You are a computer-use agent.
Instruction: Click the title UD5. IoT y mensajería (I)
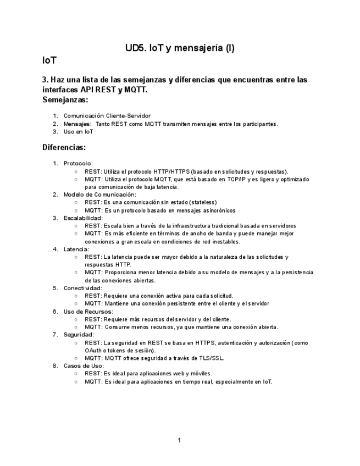pos(180,48)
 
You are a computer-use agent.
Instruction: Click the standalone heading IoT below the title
pos(49,60)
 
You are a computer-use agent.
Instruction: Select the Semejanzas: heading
pos(65,100)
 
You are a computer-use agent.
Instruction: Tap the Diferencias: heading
pos(64,147)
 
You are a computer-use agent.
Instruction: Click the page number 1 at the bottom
pos(180,440)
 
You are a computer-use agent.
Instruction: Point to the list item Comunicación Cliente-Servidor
pos(107,116)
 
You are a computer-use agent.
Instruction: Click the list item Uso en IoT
pos(79,132)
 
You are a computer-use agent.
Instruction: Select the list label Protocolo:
pos(78,163)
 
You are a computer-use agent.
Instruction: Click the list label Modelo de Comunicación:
pos(99,194)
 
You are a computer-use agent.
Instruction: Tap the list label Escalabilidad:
pos(83,218)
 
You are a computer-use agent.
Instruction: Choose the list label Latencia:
pos(76,249)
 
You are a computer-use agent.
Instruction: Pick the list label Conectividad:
pos(82,288)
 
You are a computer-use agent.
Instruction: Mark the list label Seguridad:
pos(79,334)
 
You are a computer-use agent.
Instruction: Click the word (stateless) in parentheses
pos(203,202)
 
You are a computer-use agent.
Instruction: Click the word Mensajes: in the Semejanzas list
pos(77,124)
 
